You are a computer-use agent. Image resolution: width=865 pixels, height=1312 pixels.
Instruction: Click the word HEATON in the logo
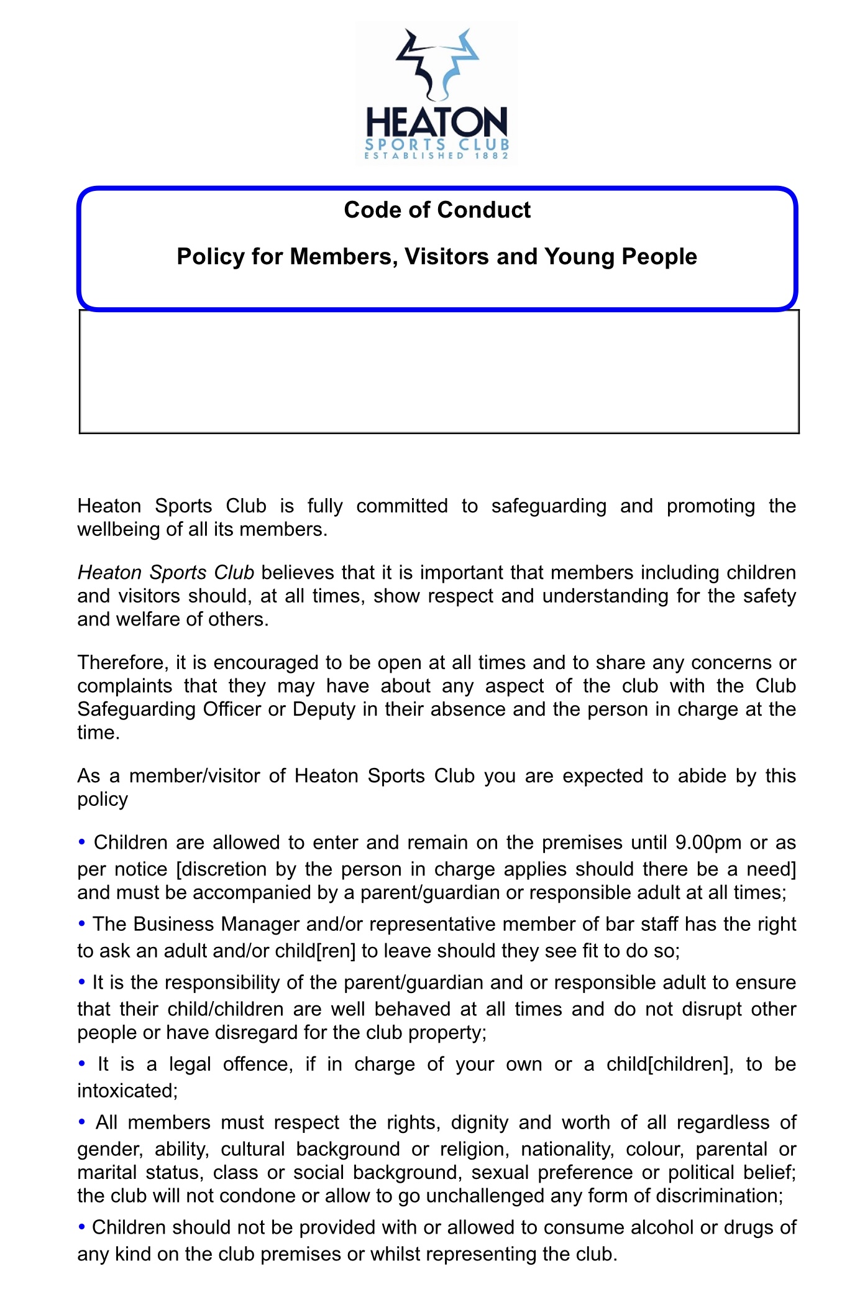[437, 122]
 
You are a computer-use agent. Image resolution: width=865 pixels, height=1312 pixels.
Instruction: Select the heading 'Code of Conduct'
[437, 210]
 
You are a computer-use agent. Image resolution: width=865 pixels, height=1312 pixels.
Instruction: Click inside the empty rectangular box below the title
[439, 371]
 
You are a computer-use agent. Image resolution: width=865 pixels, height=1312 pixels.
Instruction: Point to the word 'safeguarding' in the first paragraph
[549, 506]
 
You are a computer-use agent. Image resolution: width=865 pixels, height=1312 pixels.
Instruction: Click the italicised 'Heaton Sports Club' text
[166, 572]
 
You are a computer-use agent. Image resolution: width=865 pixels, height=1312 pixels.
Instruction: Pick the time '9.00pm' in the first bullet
[708, 843]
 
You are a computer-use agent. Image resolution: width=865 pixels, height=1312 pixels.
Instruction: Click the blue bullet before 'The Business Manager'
[81, 923]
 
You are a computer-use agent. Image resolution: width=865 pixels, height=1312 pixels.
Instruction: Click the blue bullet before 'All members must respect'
[81, 1122]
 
